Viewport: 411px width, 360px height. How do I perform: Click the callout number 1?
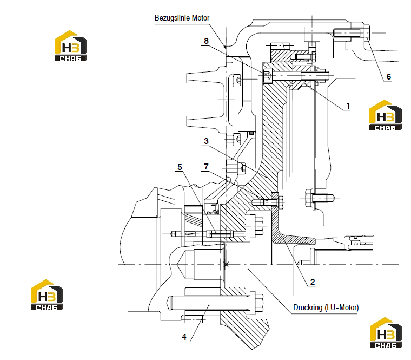[x=348, y=106]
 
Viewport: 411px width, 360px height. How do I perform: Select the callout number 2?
[x=313, y=282]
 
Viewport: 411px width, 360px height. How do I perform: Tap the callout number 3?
[x=206, y=141]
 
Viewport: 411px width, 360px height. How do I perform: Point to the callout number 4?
[x=184, y=337]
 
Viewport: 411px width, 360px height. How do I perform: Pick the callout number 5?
[x=180, y=167]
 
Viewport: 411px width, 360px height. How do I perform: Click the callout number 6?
[x=389, y=77]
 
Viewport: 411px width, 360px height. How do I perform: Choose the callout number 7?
[x=206, y=167]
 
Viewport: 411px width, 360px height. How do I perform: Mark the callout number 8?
[x=206, y=41]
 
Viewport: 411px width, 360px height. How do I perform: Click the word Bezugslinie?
[x=173, y=18]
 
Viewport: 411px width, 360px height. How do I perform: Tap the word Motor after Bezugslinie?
[x=201, y=18]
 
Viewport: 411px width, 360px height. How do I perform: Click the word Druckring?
[x=308, y=307]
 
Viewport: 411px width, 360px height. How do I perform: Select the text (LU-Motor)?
[x=342, y=307]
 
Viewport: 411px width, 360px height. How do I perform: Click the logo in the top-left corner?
[x=71, y=46]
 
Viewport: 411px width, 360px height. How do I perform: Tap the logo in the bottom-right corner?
[x=386, y=333]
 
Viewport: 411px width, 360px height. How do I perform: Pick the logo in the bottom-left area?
[x=47, y=294]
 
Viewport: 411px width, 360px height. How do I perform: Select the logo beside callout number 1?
[x=385, y=115]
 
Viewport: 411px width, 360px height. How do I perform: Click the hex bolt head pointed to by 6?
[x=367, y=33]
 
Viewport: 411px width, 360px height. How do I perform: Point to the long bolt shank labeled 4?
[x=208, y=303]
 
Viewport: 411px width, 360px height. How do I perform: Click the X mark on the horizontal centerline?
[x=227, y=265]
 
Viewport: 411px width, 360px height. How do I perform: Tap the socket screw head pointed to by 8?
[x=267, y=76]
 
